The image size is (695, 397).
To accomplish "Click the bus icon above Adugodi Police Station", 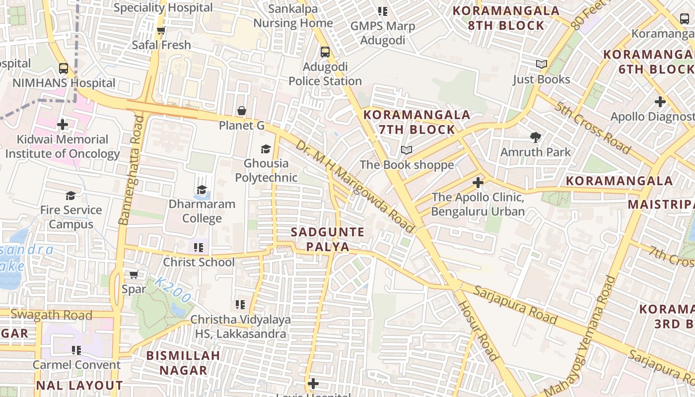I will [x=325, y=52].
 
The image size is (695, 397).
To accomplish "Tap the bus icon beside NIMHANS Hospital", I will [x=64, y=68].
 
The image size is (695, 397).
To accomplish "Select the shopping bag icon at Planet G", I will [x=242, y=111].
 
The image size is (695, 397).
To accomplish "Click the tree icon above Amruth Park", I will [x=535, y=137].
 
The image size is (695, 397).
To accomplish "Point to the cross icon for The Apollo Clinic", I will [x=478, y=183].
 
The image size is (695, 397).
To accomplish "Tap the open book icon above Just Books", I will [x=541, y=65].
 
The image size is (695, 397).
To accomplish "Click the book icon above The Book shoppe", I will [x=407, y=150].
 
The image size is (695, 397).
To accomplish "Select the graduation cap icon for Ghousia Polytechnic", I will [x=266, y=149].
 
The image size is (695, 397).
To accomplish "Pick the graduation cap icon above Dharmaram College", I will [x=202, y=190].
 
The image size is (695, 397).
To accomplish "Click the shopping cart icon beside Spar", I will [x=134, y=274].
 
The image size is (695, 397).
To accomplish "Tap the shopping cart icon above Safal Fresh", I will [x=161, y=31].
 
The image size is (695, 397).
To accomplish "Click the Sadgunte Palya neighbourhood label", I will [x=328, y=239].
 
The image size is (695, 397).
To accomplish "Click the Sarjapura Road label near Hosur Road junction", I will [x=515, y=304].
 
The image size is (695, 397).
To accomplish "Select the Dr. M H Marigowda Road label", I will [x=354, y=186].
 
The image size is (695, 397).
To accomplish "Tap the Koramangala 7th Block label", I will [x=410, y=122].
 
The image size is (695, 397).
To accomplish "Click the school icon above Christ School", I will [x=199, y=247].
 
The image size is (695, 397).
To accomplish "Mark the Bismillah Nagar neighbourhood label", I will [x=183, y=362].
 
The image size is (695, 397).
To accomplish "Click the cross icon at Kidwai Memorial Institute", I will [x=63, y=124].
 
